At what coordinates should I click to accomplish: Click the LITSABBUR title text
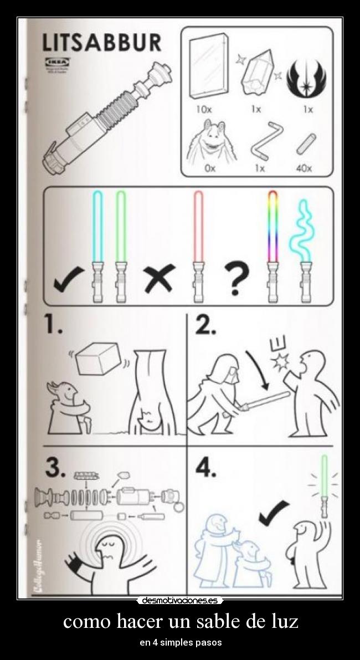pos(102,42)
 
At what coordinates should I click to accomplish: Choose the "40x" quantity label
pos(304,168)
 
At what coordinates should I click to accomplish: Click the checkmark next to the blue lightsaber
pos(69,279)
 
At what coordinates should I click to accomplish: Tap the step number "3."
pos(56,468)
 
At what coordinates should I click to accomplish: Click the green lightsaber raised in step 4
pos(325,477)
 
